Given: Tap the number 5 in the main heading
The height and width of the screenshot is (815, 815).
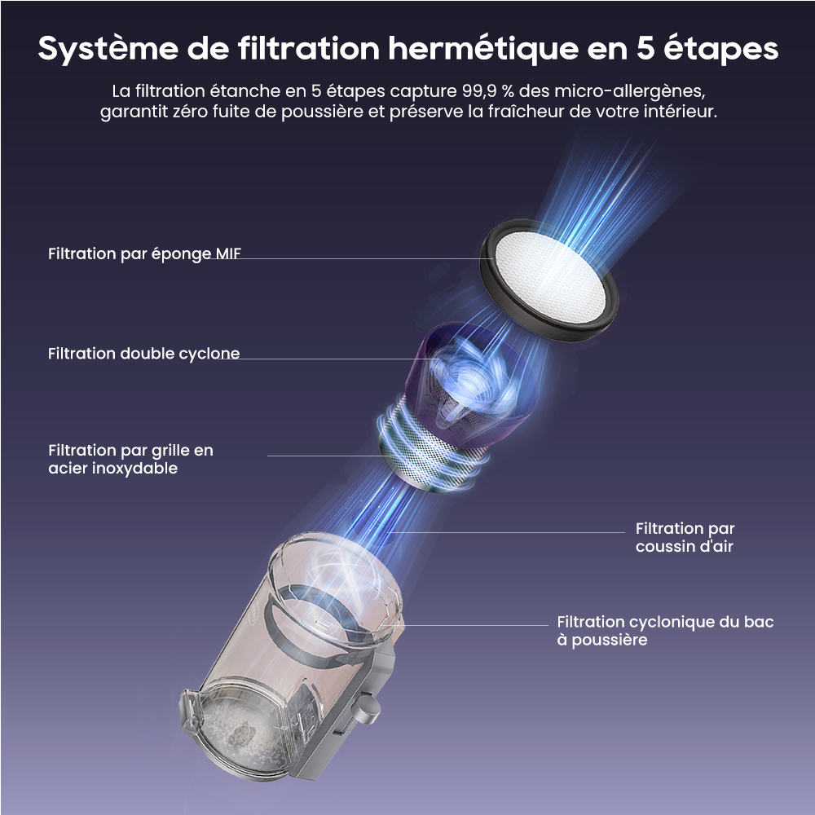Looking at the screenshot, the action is pyautogui.click(x=645, y=48).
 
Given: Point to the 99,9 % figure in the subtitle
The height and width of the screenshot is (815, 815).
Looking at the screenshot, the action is pyautogui.click(x=487, y=91).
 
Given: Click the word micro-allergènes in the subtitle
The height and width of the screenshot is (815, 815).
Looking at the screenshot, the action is pyautogui.click(x=629, y=92).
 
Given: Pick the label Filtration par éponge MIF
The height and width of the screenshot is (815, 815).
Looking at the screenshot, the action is pyautogui.click(x=144, y=253).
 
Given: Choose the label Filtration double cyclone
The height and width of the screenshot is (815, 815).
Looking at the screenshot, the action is pyautogui.click(x=144, y=354).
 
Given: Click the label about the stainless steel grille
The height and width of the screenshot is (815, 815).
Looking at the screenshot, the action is pyautogui.click(x=130, y=459).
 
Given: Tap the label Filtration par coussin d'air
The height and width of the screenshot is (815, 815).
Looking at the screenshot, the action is pyautogui.click(x=685, y=537).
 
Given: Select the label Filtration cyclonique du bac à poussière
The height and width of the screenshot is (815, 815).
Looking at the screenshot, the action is pyautogui.click(x=665, y=631).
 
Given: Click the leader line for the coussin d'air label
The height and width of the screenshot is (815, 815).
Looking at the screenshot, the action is pyautogui.click(x=506, y=532).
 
